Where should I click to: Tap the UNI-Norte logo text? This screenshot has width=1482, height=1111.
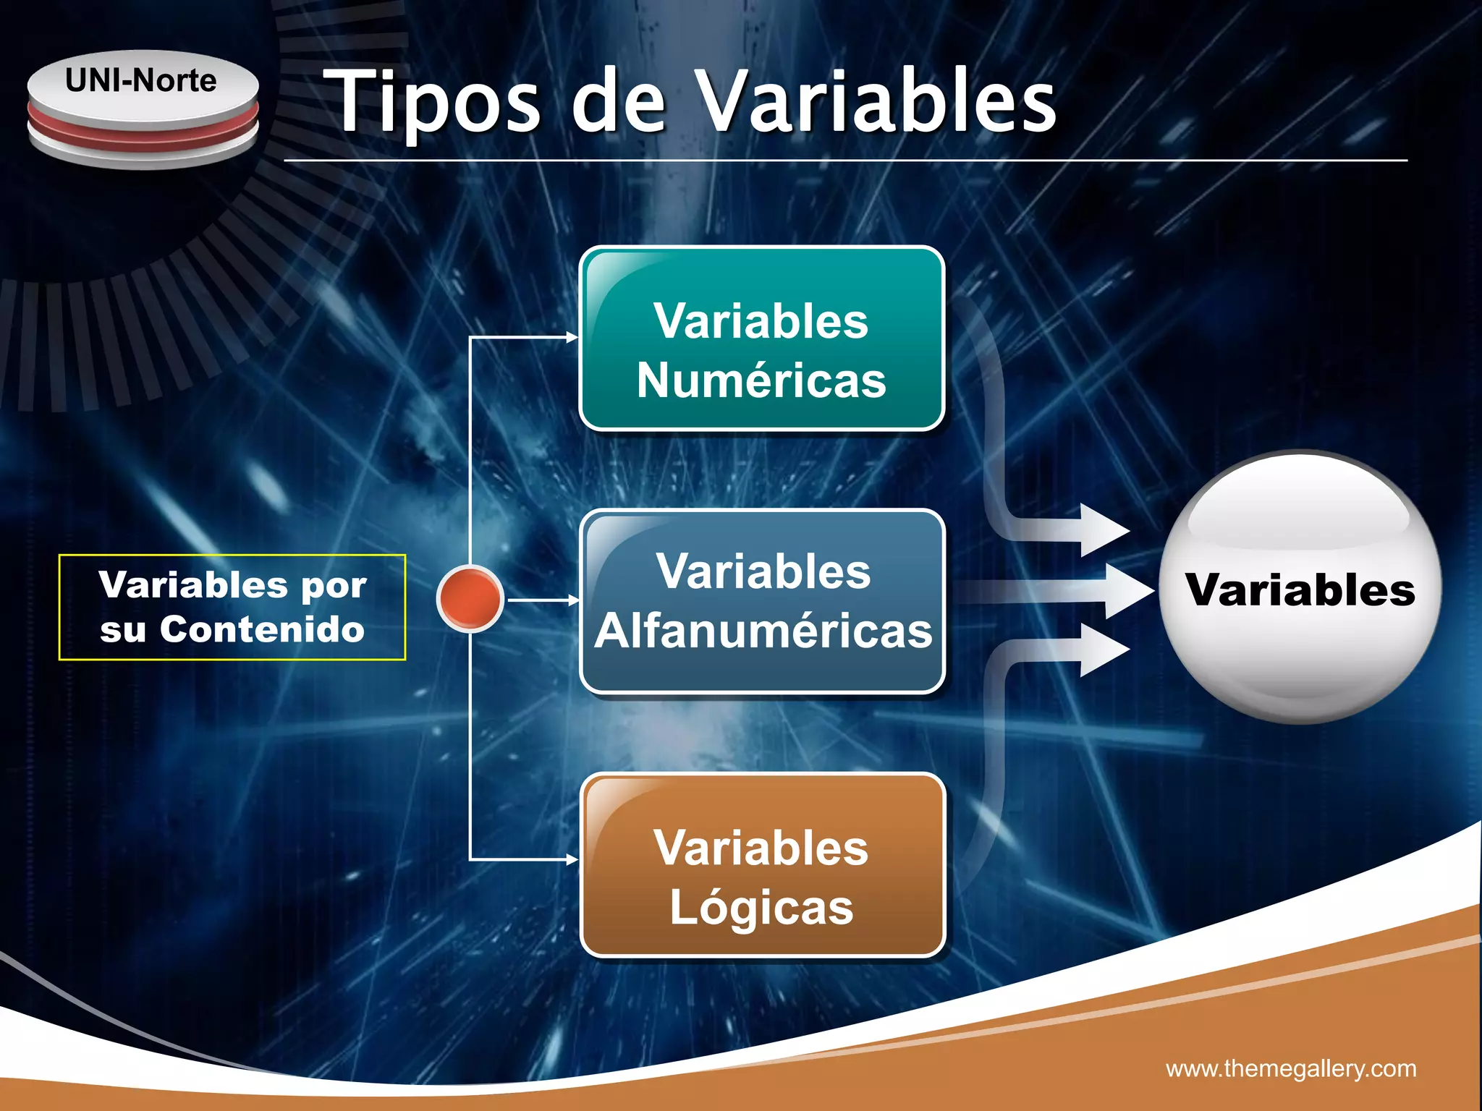tap(141, 80)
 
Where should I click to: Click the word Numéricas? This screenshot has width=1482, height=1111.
tap(761, 381)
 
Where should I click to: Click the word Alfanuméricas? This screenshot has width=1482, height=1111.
tap(763, 631)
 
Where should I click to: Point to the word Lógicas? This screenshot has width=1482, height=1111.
tap(761, 908)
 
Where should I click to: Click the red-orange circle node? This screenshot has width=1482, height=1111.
tap(470, 598)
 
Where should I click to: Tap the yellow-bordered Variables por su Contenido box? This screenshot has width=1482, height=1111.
tap(232, 607)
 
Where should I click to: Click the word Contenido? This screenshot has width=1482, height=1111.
tap(262, 629)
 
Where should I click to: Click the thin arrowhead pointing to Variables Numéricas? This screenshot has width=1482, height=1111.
tap(572, 337)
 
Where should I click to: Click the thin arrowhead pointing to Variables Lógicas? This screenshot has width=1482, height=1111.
tap(572, 859)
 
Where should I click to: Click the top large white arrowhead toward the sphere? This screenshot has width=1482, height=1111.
tap(1104, 530)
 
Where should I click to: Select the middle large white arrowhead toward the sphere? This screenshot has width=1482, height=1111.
tap(1129, 591)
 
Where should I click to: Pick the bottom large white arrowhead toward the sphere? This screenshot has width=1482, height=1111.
tap(1104, 649)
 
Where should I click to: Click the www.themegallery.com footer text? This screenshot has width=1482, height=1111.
tap(1291, 1068)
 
